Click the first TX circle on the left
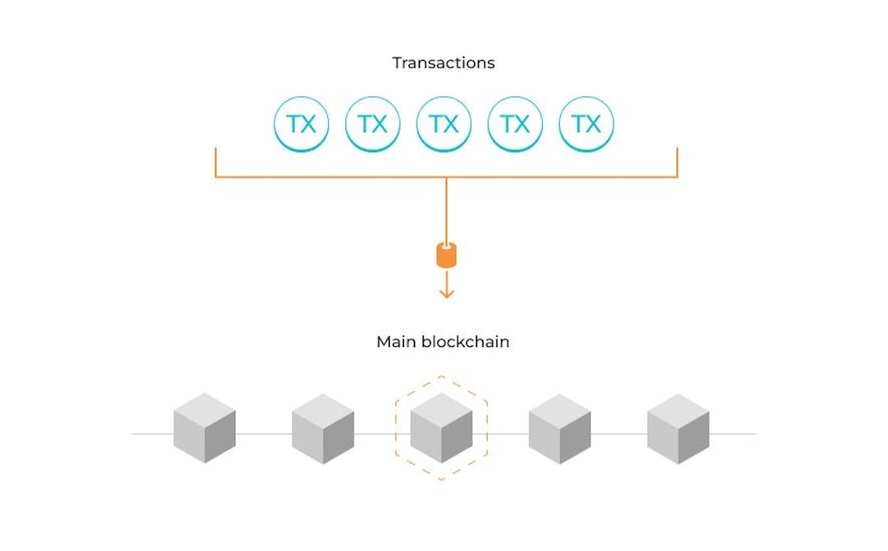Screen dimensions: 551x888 [301, 124]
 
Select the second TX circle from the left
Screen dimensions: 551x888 [372, 124]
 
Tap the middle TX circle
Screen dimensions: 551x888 [444, 124]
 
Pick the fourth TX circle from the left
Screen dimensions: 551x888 [516, 124]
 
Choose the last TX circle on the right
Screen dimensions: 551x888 [586, 124]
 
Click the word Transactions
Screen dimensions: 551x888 [443, 63]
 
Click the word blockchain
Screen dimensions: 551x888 [465, 341]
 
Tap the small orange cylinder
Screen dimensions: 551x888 [446, 255]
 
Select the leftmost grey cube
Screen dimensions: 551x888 [205, 428]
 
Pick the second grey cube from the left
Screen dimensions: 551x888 [323, 428]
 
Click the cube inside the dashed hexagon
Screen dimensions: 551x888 [442, 428]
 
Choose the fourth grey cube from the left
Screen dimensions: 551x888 [560, 428]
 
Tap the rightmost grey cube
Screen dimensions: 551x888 [678, 428]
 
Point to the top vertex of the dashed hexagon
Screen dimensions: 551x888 [442, 377]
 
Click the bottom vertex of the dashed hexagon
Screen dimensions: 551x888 [442, 479]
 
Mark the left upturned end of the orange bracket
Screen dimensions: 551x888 [216, 150]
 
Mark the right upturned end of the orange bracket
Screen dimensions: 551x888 [677, 150]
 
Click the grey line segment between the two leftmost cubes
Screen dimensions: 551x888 [264, 433]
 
